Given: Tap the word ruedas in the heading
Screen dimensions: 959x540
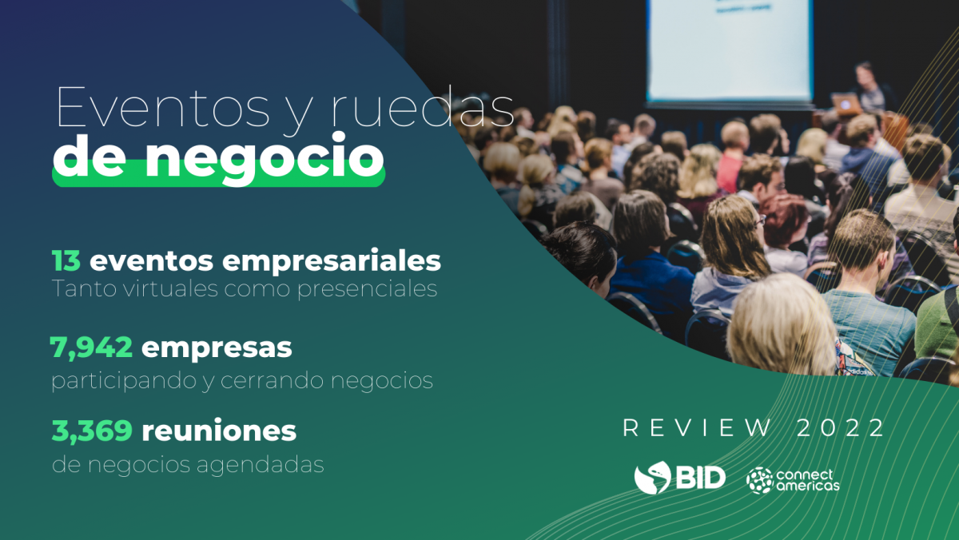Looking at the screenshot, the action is point(422,106).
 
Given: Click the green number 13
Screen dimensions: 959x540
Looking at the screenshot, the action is point(66,260).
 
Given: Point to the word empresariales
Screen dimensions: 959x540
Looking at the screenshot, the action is point(332,261).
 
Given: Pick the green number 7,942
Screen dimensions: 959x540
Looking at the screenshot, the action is point(91,347).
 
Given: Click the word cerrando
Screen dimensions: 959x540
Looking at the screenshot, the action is point(272,380).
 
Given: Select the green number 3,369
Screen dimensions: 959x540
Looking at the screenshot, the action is point(92,431).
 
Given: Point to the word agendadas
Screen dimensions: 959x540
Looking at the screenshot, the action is point(261,466).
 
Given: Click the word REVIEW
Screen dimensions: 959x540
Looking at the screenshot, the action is point(696,428).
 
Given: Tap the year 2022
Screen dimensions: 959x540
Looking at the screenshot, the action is point(840,428).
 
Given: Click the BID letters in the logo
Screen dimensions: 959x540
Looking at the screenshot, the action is point(700,477).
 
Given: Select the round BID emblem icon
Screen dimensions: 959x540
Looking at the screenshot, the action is point(652,478).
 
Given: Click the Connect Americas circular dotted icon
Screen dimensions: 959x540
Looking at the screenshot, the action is point(759,481).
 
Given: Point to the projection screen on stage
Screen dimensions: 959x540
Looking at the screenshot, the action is point(730,50).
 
